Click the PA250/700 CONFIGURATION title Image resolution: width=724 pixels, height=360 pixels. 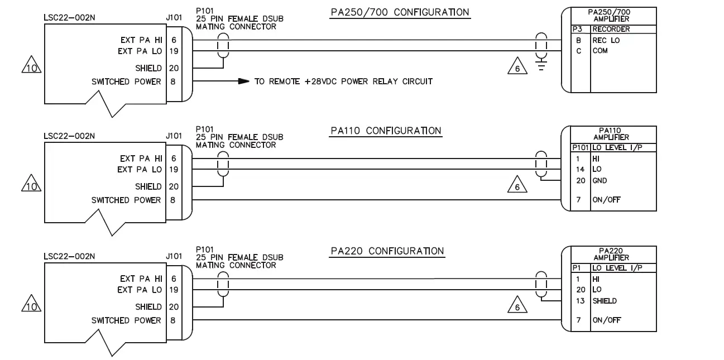coord(400,12)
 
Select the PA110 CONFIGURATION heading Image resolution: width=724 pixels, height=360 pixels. coord(386,131)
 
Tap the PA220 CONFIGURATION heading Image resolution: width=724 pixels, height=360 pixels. coord(387,251)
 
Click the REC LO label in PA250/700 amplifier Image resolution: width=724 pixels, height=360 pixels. coord(606,40)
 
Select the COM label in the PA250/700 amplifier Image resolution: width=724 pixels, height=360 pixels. coord(600,51)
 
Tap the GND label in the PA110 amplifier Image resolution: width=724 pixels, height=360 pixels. coord(600,181)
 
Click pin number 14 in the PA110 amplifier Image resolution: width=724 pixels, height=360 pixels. coord(580,169)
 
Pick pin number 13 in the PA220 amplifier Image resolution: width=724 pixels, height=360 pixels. coord(580,301)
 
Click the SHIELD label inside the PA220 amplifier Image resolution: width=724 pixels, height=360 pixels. coord(605,301)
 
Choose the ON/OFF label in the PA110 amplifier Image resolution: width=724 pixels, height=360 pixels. coord(606,200)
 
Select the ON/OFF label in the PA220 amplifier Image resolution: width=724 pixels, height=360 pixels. coord(606,320)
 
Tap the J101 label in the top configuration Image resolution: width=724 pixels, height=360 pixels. coord(174,18)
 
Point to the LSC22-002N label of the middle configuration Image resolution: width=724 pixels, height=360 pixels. coord(69,136)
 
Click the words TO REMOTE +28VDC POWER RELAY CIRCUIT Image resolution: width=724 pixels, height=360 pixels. coord(343,81)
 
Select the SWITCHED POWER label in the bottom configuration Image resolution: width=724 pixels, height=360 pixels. coord(126,320)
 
